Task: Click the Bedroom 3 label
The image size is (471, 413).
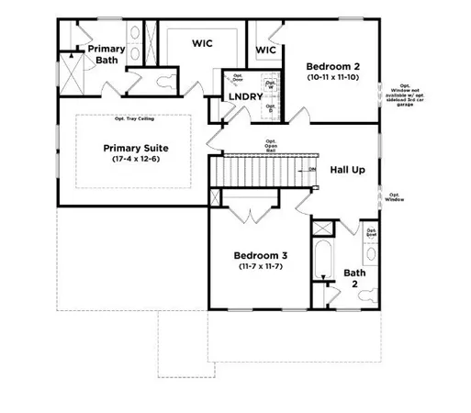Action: point(261,255)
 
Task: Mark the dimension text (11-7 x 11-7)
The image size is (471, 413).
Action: point(261,267)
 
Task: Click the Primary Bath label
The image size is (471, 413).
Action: point(107,54)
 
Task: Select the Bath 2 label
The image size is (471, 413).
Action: point(354,278)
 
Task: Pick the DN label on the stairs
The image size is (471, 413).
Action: point(313,170)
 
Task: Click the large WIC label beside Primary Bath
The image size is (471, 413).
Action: point(203,43)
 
